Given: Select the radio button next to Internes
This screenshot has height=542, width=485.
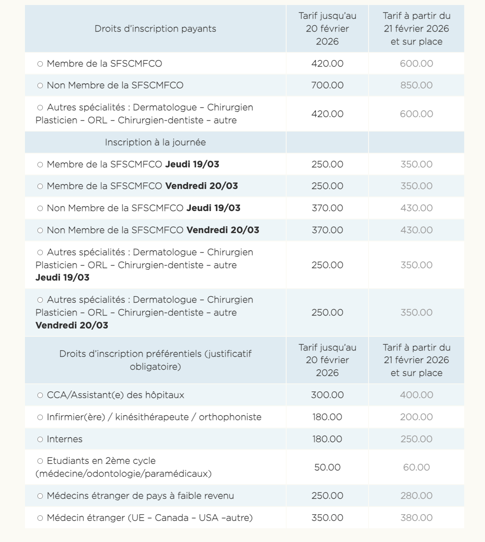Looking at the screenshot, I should coord(40,439).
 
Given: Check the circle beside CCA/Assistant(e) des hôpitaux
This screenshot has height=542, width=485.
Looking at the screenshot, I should coord(40,395).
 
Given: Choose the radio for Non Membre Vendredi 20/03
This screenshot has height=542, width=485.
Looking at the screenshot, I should coord(40,230).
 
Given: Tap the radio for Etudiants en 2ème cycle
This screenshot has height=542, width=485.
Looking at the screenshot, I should coord(40,461).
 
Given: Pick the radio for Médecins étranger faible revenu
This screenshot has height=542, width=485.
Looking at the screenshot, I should coord(40,496).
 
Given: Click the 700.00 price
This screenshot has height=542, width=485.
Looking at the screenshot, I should coord(327,85).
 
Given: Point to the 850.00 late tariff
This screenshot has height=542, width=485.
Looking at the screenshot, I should coord(416,85).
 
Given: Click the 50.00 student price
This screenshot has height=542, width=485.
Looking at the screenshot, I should coord(327,467).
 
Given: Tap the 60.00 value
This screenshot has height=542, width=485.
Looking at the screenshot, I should coord(416,467).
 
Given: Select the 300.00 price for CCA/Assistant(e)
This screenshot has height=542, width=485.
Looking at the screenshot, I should coord(327,395).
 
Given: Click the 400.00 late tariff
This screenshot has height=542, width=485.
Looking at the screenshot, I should coord(416,395).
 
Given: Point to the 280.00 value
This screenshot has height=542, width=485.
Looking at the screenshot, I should coord(416,496).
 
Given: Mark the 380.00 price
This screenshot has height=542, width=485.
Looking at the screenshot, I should coord(416,518).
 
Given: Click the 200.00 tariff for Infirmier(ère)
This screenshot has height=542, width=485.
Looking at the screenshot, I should coord(416,417).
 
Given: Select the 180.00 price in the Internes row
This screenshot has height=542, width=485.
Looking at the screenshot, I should coord(327,439).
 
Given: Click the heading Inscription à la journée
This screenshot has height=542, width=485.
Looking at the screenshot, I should coord(155,142).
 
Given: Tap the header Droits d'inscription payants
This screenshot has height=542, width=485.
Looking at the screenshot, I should coord(155,29).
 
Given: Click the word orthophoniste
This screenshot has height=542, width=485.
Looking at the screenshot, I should coord(230,417).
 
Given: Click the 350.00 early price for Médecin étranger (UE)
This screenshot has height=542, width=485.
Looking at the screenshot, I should coord(327,518).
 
